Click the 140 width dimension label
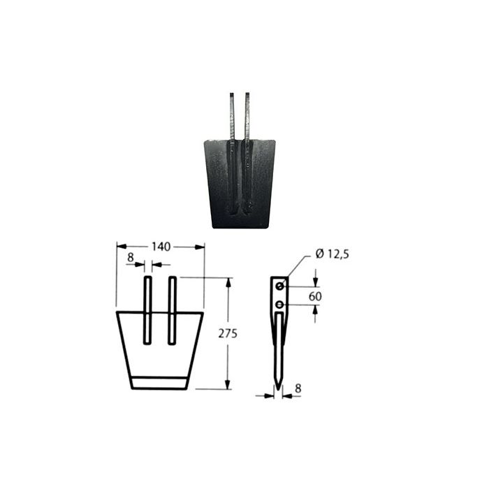click(x=161, y=247)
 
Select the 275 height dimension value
click(x=228, y=333)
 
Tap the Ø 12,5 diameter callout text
click(x=332, y=254)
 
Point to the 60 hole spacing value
click(x=315, y=296)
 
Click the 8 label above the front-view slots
click(x=131, y=258)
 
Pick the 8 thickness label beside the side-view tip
click(x=298, y=388)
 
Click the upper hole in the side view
click(x=280, y=286)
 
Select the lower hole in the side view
click(x=280, y=305)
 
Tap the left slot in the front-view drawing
click(x=147, y=310)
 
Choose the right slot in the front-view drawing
click(x=172, y=310)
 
